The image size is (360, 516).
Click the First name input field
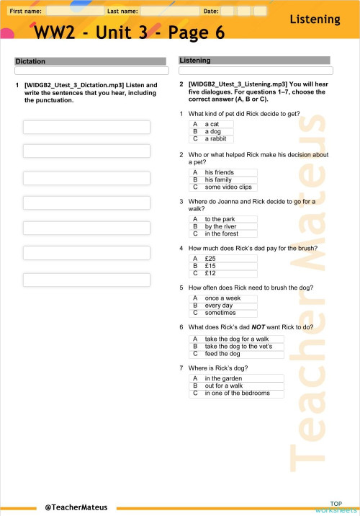75,12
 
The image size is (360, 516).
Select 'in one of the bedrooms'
236,393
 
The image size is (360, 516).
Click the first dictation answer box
86,127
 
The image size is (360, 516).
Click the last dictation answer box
86,279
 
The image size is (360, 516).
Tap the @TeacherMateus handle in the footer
76,507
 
